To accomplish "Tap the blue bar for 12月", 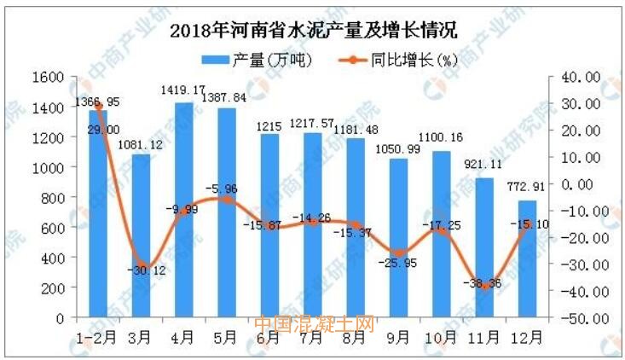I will click(x=527, y=259).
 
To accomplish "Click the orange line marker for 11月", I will click(x=484, y=287).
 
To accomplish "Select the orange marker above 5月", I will click(x=227, y=199).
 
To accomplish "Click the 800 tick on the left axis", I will click(x=55, y=198).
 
